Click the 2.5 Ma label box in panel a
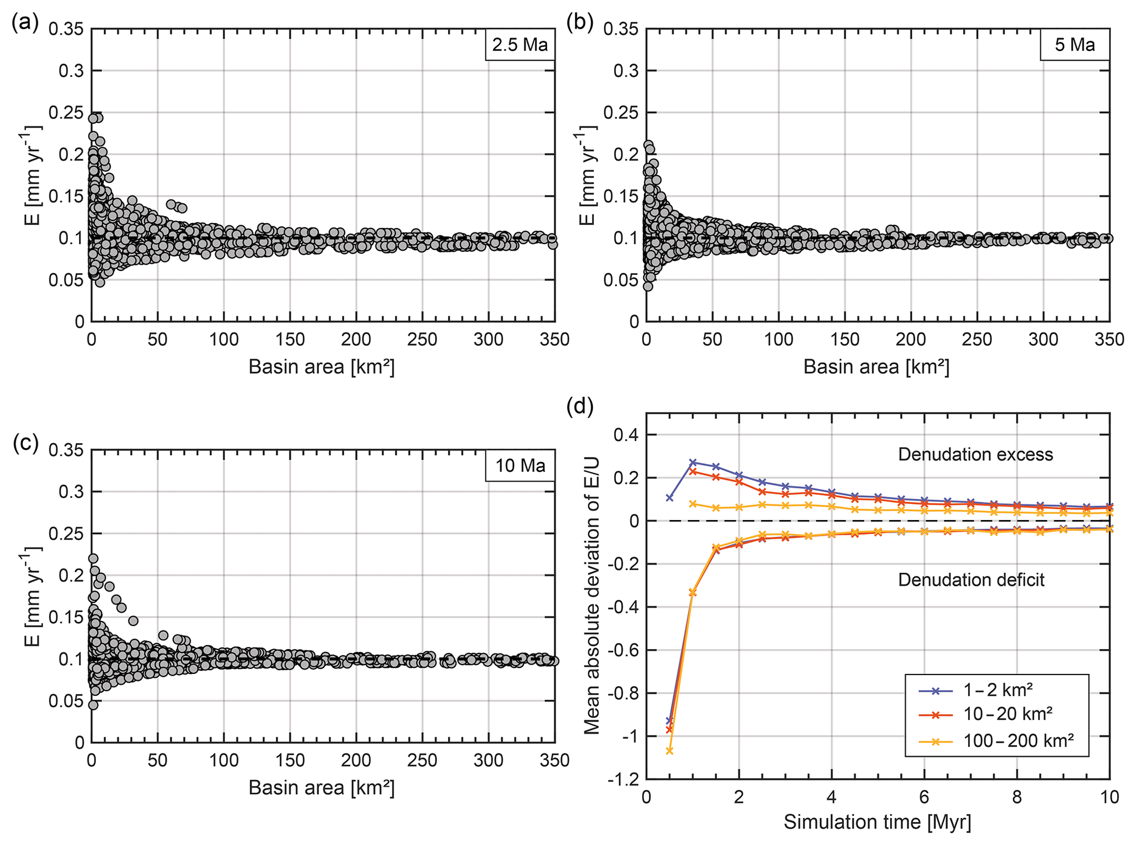[520, 45]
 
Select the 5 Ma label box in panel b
[1074, 45]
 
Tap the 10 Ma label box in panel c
[520, 466]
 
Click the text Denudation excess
[975, 455]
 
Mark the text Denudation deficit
[971, 580]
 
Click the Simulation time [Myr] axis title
[877, 822]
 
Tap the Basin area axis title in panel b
[876, 367]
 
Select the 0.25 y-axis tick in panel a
[67, 113]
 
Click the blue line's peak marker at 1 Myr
[693, 463]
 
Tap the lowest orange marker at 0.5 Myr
[670, 751]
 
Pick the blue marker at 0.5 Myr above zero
[670, 498]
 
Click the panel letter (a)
[25, 23]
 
